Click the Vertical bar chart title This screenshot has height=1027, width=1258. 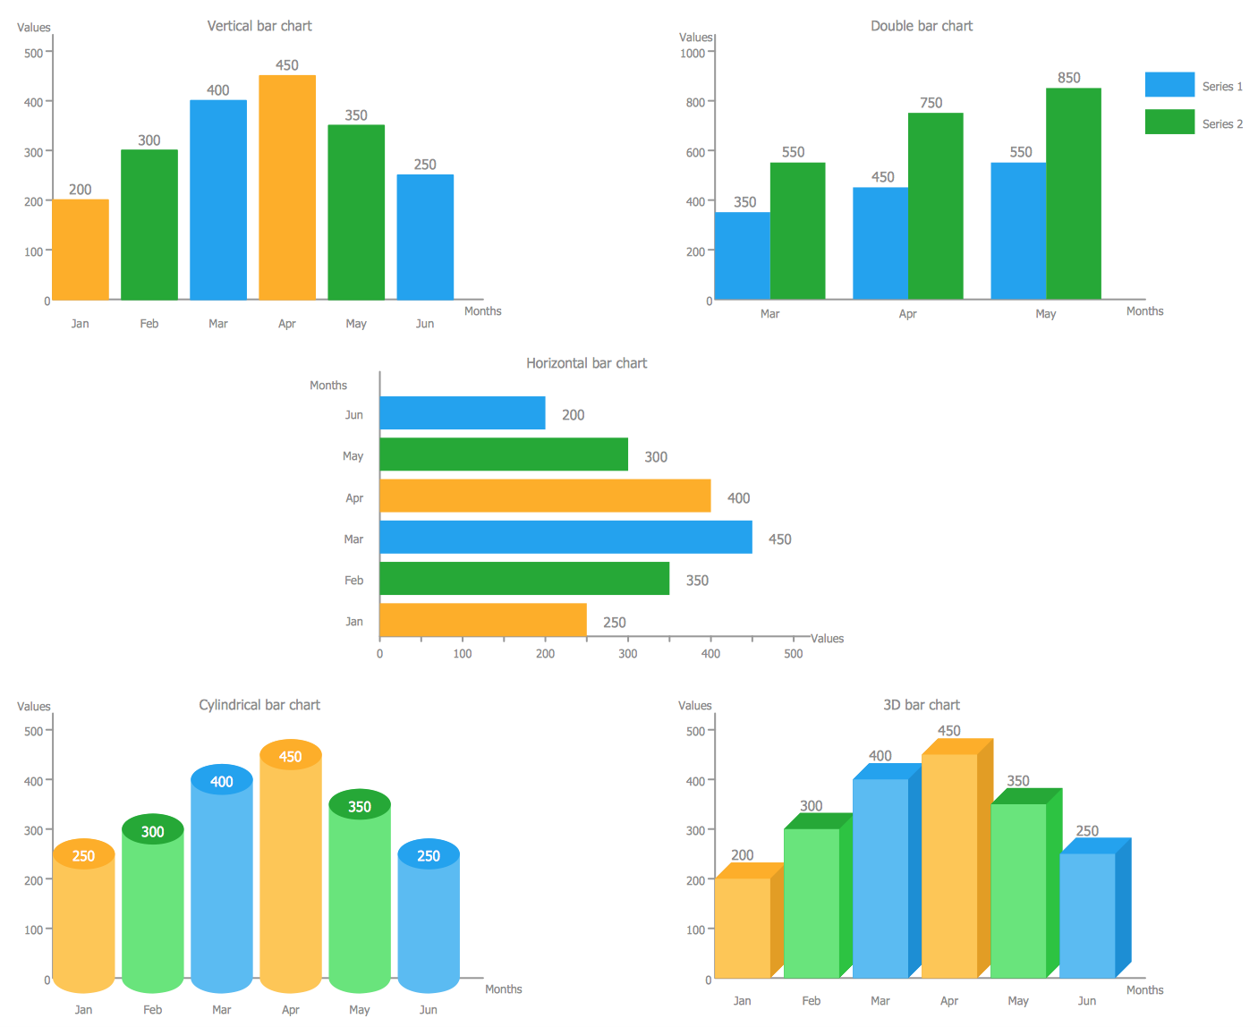[259, 26]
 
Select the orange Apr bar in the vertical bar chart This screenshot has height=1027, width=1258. [287, 188]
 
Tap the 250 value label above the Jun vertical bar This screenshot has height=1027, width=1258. [425, 165]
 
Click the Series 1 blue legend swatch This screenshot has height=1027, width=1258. [1169, 85]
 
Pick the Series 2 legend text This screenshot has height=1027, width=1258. [1222, 124]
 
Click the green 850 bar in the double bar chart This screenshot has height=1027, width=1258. [1073, 193]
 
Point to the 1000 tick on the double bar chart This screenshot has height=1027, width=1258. [693, 53]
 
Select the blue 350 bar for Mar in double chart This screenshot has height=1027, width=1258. [743, 255]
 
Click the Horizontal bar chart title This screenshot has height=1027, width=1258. [586, 363]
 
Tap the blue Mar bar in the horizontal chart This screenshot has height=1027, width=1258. [565, 538]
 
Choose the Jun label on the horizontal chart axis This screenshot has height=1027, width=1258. [354, 415]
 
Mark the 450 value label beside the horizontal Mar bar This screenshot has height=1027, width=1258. [779, 539]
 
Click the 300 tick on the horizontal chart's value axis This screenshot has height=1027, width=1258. [628, 654]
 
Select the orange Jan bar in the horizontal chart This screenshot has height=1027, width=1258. [483, 620]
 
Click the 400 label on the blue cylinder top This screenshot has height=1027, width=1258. [222, 782]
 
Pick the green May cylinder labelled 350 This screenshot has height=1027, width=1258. [360, 895]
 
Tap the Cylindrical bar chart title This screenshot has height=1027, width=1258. [259, 705]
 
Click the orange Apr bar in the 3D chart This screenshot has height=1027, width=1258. [949, 865]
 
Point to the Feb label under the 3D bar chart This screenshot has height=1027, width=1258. [812, 1001]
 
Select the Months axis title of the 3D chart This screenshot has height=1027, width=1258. [1144, 990]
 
